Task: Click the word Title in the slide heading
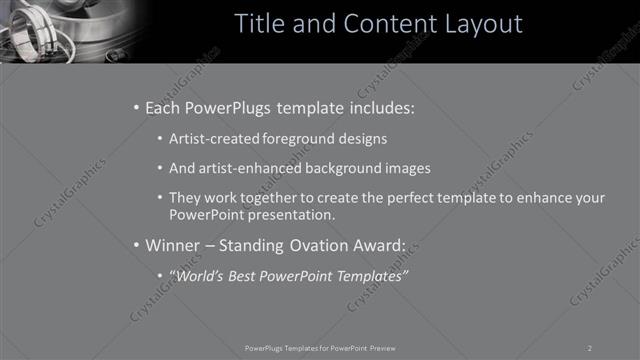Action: pos(259,23)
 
